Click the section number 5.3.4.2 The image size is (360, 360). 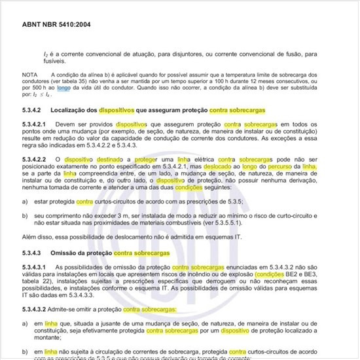click(x=32, y=110)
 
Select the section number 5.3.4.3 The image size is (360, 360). click(x=32, y=253)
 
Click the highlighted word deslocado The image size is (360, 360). click(x=242, y=166)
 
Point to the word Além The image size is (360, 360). click(x=29, y=236)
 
